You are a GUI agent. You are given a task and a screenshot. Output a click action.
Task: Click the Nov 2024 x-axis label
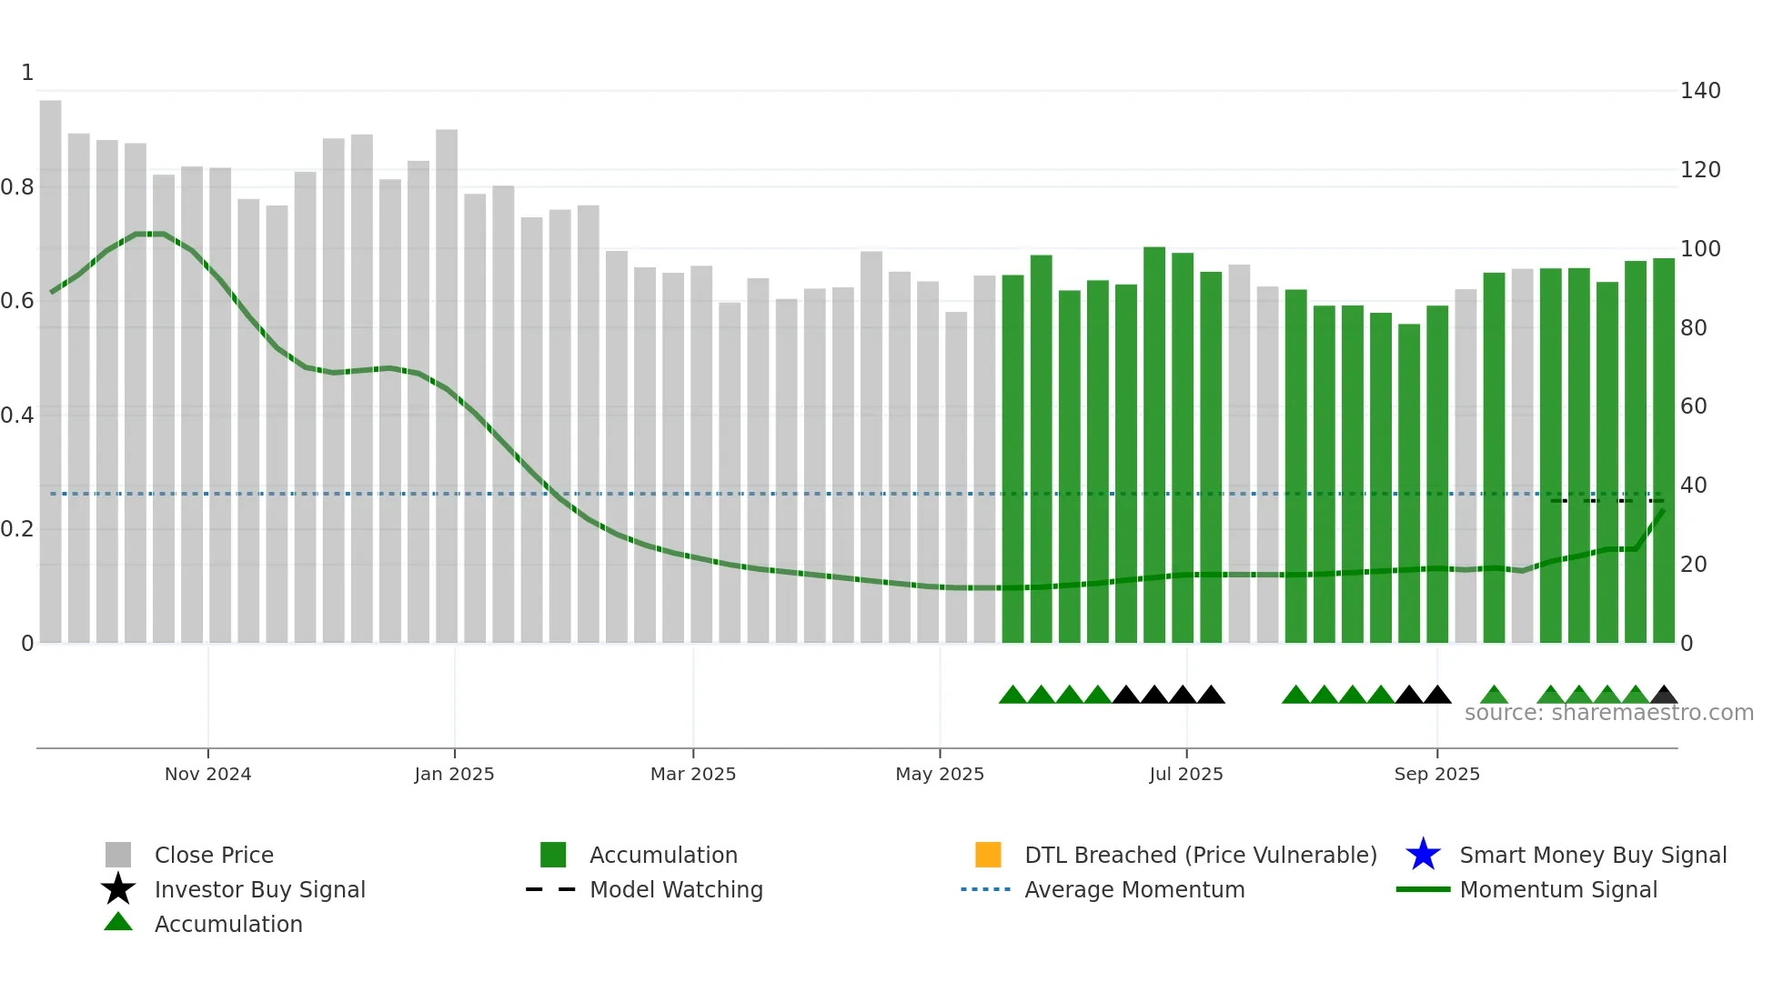click(x=207, y=774)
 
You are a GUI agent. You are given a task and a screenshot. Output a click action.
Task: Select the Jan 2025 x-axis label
click(x=454, y=774)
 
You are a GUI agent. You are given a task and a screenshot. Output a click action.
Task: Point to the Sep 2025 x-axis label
click(x=1436, y=774)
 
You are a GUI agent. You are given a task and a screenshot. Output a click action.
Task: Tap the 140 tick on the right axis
click(x=1699, y=91)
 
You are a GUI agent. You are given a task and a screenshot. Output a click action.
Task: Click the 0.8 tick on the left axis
click(x=17, y=187)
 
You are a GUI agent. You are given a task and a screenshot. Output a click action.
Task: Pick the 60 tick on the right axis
click(x=1693, y=406)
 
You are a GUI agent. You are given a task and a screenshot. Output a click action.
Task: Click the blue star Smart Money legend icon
click(x=1423, y=855)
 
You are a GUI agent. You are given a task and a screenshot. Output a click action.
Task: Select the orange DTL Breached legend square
click(x=988, y=855)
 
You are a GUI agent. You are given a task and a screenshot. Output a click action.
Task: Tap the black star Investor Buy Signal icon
click(x=118, y=889)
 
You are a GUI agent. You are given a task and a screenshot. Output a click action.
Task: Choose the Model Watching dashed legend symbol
click(x=551, y=889)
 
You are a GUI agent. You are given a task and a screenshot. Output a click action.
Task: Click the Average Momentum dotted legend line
click(x=986, y=889)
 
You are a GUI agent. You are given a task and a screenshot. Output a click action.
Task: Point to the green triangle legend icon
click(x=118, y=922)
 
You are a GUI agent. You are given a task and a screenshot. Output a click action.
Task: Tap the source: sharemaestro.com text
click(x=1608, y=713)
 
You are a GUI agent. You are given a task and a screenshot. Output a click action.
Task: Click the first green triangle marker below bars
click(x=1012, y=696)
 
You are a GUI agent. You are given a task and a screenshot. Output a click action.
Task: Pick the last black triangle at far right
click(x=1664, y=696)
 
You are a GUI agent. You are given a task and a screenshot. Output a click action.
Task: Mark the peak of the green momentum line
click(x=148, y=234)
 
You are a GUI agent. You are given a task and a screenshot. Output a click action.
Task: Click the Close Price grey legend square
click(x=118, y=855)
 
